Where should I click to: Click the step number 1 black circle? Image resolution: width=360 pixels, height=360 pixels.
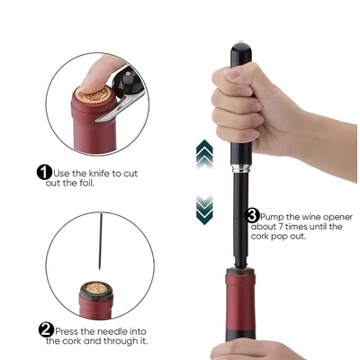[44, 173]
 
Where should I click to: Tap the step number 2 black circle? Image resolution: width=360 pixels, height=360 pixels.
[46, 330]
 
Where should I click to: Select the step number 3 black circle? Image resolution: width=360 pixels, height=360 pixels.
[252, 215]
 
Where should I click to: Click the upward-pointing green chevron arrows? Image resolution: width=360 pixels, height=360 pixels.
[204, 154]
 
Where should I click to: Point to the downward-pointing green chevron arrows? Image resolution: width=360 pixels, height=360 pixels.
[204, 210]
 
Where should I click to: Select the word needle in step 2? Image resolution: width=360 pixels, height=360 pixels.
[112, 331]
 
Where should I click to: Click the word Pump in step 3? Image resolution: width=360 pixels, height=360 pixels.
[272, 217]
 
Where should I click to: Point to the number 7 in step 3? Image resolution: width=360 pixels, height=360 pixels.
[278, 227]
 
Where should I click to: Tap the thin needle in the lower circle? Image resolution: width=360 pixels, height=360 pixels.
[101, 241]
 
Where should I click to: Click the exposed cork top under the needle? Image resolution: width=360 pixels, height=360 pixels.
[96, 288]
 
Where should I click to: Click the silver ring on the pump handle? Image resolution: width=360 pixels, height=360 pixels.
[241, 168]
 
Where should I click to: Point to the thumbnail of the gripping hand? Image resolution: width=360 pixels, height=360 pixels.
[233, 73]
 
